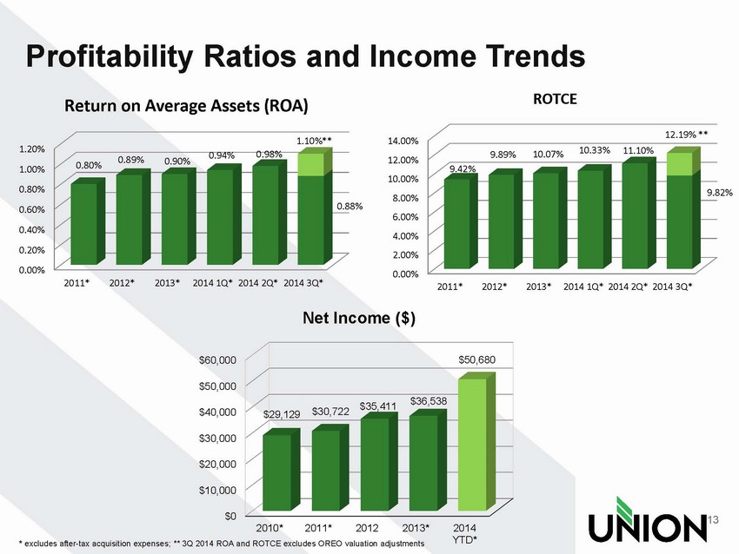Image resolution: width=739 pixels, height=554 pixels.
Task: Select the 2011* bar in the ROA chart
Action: pos(83,223)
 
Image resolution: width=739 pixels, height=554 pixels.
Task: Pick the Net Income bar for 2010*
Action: pos(277,472)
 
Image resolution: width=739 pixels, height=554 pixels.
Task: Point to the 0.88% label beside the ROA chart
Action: pos(350,207)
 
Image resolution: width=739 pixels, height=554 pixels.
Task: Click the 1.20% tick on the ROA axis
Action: pos(37,148)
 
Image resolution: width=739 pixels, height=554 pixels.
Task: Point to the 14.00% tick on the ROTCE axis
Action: pos(405,141)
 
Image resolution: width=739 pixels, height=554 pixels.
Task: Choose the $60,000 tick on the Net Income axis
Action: pos(216,359)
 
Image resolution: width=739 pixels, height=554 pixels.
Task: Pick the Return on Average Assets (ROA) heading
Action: pos(185,106)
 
